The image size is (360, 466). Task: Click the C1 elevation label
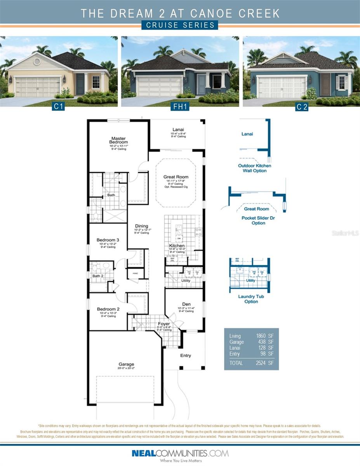click(58, 106)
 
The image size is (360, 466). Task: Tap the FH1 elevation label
click(180, 106)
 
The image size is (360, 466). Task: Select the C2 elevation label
click(301, 107)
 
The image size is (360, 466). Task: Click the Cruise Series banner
click(180, 25)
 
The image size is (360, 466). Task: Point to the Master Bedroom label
click(119, 140)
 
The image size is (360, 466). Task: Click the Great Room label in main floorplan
click(176, 177)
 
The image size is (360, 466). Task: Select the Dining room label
click(141, 226)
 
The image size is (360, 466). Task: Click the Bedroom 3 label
click(108, 240)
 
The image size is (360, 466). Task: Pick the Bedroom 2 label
click(108, 309)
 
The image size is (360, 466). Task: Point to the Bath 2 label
click(98, 276)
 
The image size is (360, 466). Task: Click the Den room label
click(186, 304)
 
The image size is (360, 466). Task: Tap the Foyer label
click(164, 323)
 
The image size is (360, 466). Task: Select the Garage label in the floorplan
click(126, 364)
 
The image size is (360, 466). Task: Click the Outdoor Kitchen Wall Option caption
click(254, 168)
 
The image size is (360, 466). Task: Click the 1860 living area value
click(260, 336)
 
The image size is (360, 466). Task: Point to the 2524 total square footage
click(260, 363)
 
